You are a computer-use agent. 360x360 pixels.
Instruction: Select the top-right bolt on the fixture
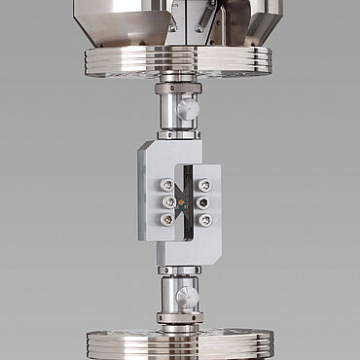tap(204, 185)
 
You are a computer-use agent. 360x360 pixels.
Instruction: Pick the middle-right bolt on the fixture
tap(204, 202)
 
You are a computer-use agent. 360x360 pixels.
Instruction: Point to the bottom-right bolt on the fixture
tap(204, 220)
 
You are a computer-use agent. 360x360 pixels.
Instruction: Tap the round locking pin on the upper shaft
tap(188, 108)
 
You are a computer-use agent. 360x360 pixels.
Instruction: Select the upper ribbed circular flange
tap(179, 61)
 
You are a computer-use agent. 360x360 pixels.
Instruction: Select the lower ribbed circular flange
tap(179, 342)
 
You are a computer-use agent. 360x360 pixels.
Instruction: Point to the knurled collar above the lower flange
tap(179, 316)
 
